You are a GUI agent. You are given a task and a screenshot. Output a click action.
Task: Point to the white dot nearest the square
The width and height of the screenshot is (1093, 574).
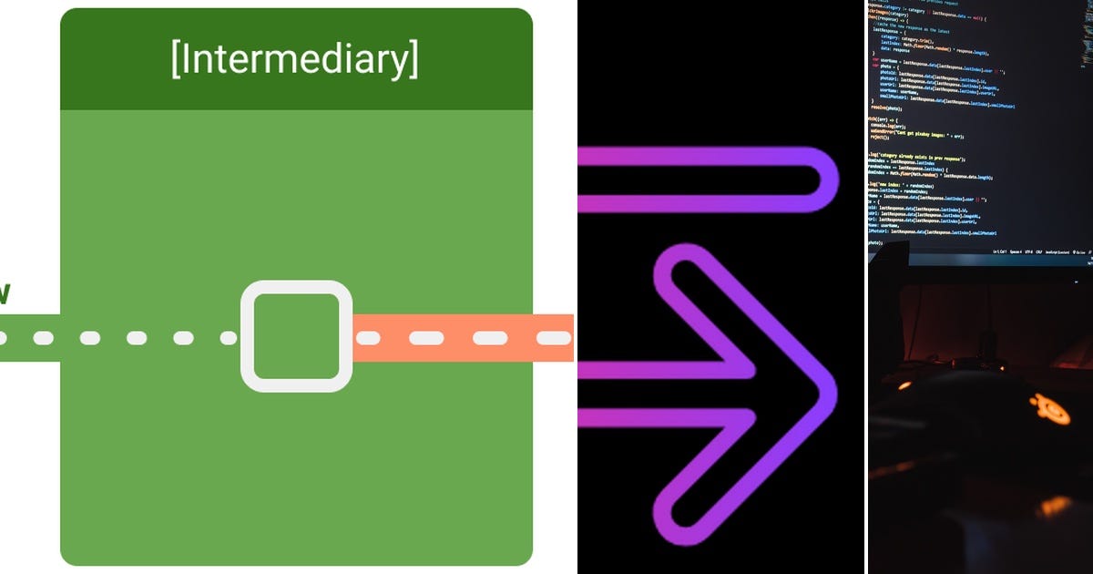(x=228, y=338)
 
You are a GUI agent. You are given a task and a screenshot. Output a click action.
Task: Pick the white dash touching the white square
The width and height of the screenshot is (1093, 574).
(x=367, y=338)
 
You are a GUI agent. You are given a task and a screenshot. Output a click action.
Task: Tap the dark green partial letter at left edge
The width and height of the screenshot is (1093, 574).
(x=4, y=293)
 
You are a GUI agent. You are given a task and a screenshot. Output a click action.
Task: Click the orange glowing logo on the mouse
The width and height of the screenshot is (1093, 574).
(x=1053, y=409)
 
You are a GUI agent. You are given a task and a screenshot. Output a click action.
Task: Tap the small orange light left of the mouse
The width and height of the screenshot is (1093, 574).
(x=904, y=386)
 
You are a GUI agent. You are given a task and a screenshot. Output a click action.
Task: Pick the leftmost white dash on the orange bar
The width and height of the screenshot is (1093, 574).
(x=367, y=338)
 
